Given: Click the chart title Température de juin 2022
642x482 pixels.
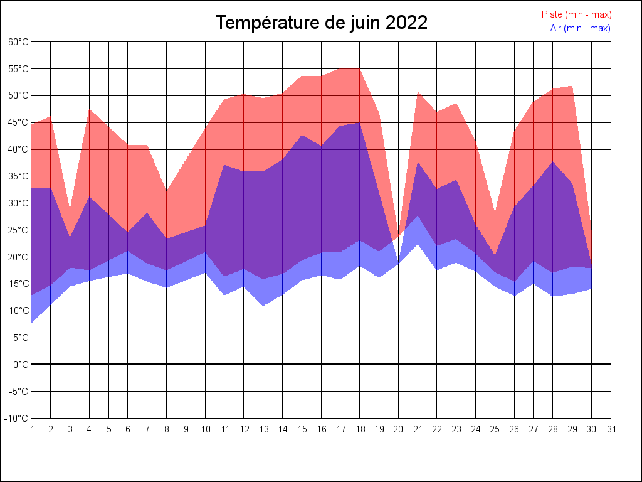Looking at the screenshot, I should [x=322, y=23].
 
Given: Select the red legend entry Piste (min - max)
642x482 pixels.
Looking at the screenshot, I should [x=576, y=14].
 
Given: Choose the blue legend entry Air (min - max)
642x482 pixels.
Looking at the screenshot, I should [x=580, y=28].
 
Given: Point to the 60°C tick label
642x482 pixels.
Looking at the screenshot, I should [x=18, y=42].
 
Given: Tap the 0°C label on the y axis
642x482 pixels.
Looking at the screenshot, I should [x=21, y=364].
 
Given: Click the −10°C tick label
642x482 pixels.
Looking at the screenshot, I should [x=17, y=418].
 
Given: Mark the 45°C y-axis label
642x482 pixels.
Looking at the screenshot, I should [x=18, y=122].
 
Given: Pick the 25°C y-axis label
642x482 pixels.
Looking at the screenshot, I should [x=18, y=230].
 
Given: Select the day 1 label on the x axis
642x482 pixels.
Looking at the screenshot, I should [x=32, y=429].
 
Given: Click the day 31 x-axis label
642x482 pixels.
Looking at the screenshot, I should [x=611, y=429].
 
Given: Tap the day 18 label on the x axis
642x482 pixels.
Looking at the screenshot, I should [x=360, y=429].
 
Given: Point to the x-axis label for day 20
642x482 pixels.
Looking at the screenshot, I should [x=399, y=429].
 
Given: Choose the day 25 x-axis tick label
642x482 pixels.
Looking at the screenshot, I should [x=495, y=429].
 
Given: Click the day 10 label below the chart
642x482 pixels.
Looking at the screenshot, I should [x=206, y=429].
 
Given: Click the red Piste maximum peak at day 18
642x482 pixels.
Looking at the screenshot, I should [x=359, y=68].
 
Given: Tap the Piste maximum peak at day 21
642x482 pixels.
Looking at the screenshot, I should [x=418, y=92].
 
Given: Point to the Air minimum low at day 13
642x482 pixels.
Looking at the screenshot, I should [x=263, y=306].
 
